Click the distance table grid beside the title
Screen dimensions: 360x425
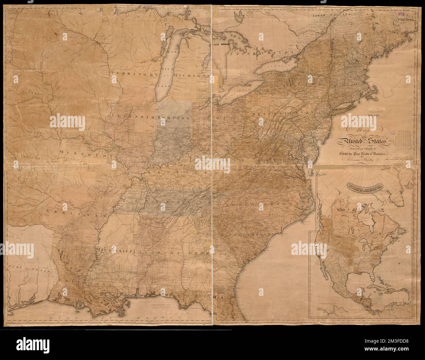(405, 138)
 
